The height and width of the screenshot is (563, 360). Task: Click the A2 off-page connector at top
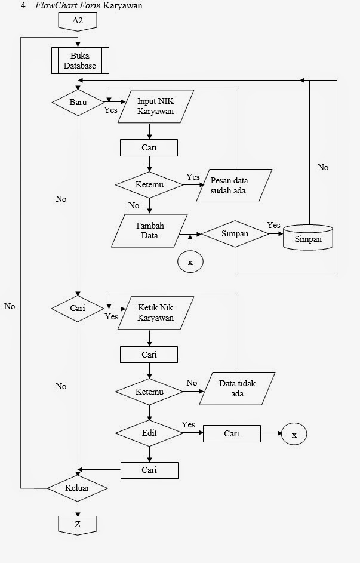click(x=78, y=21)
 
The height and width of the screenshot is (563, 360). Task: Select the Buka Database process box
click(x=79, y=60)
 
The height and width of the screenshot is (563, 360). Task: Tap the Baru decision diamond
click(x=78, y=102)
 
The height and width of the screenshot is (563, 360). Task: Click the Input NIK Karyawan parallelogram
click(x=156, y=106)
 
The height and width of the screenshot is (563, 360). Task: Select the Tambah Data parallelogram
click(x=149, y=230)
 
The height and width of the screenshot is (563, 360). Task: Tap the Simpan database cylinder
click(x=307, y=237)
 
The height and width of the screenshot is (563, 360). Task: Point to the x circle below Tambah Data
click(x=190, y=262)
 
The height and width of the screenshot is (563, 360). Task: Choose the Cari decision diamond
click(x=78, y=309)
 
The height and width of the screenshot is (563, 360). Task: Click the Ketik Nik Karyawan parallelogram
click(x=156, y=313)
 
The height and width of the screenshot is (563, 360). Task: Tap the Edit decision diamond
click(x=149, y=433)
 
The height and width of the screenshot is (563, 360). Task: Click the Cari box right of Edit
click(x=232, y=434)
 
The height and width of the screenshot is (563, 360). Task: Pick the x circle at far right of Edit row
click(x=294, y=435)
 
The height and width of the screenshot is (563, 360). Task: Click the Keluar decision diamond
click(x=78, y=488)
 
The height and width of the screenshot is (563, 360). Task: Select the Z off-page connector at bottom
click(x=78, y=525)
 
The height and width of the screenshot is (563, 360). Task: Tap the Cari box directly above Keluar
click(x=149, y=470)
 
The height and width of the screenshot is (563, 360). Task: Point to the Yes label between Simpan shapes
click(x=273, y=225)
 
